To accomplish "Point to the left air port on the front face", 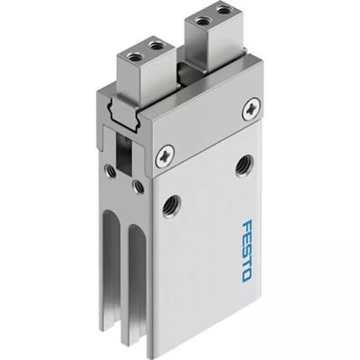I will point(111,170).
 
